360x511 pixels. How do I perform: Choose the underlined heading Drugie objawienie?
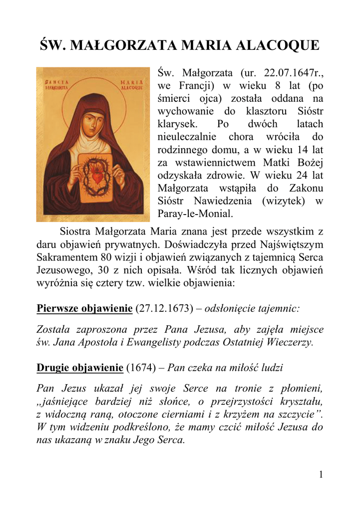click(x=80, y=368)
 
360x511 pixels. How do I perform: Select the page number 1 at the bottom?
click(x=321, y=475)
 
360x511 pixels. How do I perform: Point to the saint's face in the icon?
click(x=91, y=123)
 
